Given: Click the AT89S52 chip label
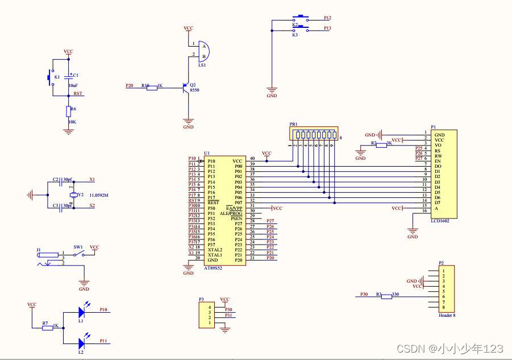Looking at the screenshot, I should [x=213, y=268].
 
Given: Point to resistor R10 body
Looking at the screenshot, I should [x=152, y=87].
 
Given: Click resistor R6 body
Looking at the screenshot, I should [x=68, y=111].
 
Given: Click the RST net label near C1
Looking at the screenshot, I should [x=78, y=93].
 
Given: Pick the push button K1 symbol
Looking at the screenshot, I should [x=50, y=76].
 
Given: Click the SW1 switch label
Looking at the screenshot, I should [x=78, y=247].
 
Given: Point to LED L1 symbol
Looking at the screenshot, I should [x=81, y=313].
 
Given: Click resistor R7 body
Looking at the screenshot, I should [x=48, y=328].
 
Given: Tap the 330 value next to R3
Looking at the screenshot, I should [x=397, y=294].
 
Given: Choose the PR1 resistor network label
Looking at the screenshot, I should [x=293, y=124].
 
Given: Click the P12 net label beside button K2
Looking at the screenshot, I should [x=327, y=18].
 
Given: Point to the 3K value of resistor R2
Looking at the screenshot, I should [x=390, y=143].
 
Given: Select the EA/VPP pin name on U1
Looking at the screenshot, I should [x=234, y=208].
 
